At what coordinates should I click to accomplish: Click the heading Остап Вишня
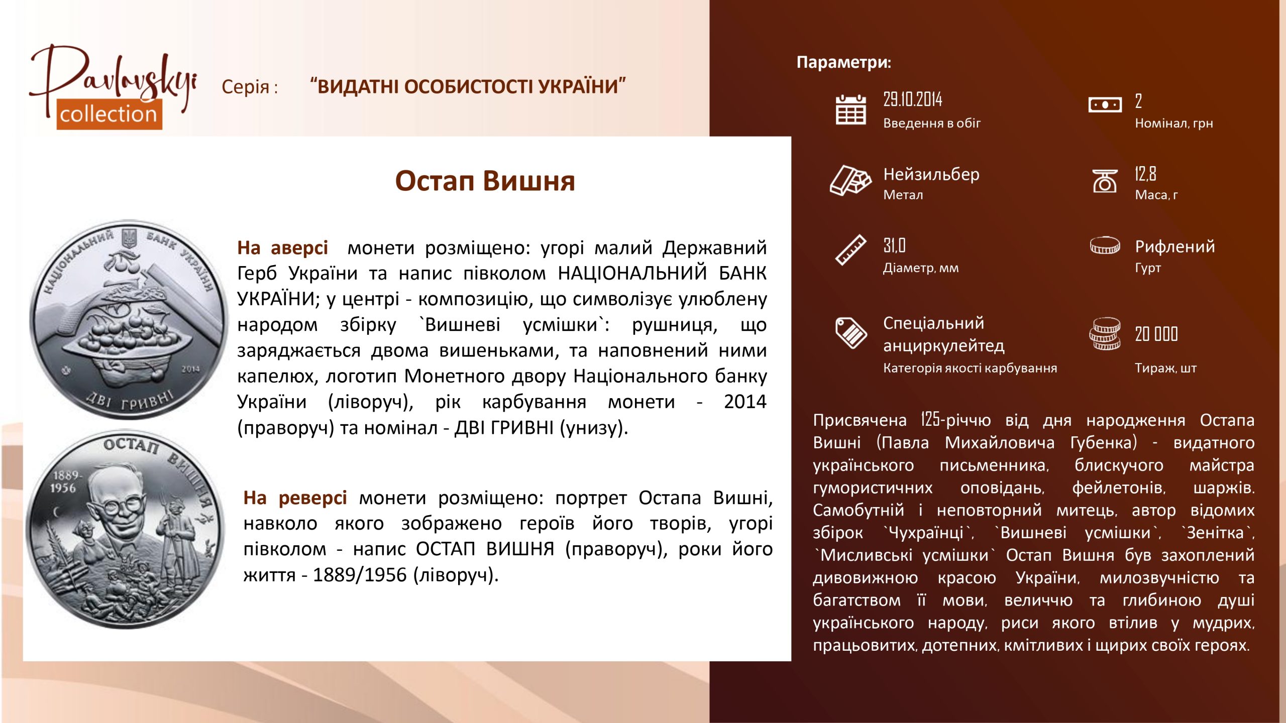(x=485, y=181)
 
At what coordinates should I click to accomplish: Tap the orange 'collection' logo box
(x=109, y=114)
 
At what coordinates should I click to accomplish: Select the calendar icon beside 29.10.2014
(x=850, y=109)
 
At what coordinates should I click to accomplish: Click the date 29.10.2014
(x=913, y=99)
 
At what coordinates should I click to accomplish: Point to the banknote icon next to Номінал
(x=1105, y=105)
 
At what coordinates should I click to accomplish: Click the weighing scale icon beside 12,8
(x=1105, y=181)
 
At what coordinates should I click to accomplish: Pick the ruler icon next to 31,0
(x=850, y=250)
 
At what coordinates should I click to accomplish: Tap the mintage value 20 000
(x=1156, y=334)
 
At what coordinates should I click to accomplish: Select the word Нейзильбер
(x=931, y=174)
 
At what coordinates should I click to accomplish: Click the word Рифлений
(x=1175, y=247)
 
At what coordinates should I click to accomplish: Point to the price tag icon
(x=850, y=332)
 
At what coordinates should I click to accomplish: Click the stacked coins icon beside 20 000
(x=1105, y=334)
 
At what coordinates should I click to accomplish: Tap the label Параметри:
(x=844, y=62)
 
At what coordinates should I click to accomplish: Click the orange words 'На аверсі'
(x=282, y=248)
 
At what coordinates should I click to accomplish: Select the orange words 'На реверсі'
(x=295, y=498)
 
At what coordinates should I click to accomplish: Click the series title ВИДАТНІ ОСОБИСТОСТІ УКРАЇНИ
(x=468, y=86)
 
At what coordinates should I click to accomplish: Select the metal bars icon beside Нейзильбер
(x=850, y=180)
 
